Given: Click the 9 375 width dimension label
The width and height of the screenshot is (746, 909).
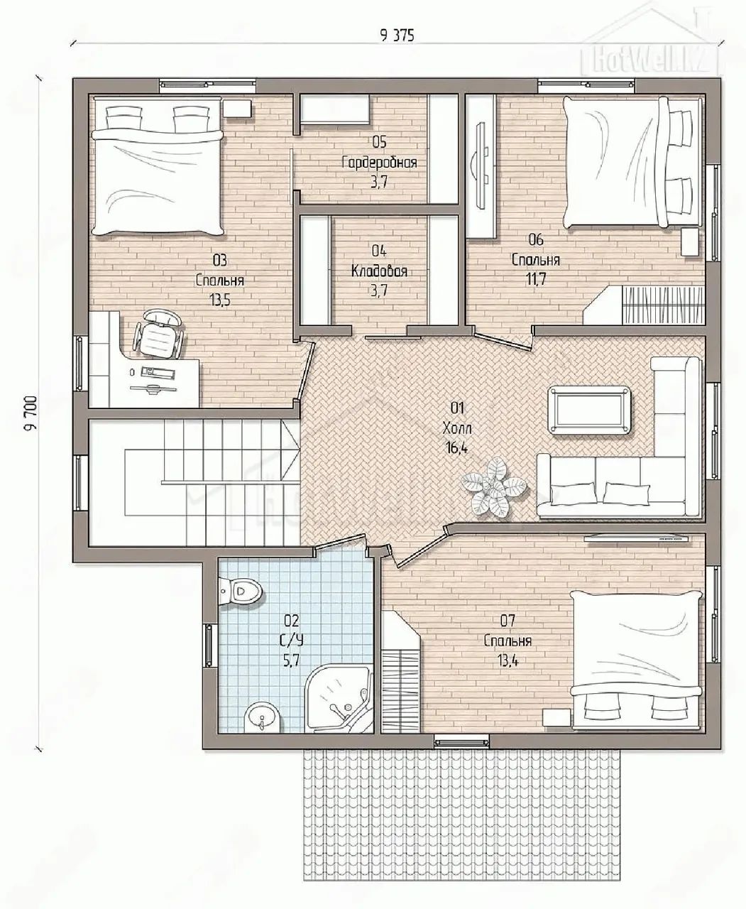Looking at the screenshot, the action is (397, 36).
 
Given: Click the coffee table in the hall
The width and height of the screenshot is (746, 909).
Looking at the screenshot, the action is (590, 409).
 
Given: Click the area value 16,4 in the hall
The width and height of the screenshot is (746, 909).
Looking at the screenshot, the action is (456, 448).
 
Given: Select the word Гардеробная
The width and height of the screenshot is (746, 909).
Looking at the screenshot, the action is (380, 163).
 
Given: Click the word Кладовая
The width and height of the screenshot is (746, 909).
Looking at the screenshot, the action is (379, 271).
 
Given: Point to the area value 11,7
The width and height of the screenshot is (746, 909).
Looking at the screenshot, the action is (536, 279).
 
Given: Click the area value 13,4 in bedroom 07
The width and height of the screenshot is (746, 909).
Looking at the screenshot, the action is (508, 660).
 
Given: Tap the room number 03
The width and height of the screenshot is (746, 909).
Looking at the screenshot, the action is (219, 261).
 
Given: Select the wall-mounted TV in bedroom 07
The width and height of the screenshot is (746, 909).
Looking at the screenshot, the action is (636, 538).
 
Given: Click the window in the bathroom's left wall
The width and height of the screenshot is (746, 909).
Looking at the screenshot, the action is (209, 646).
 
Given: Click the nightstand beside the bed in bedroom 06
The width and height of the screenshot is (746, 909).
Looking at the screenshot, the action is (690, 242).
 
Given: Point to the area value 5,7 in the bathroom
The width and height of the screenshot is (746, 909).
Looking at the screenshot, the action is (291, 660).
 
